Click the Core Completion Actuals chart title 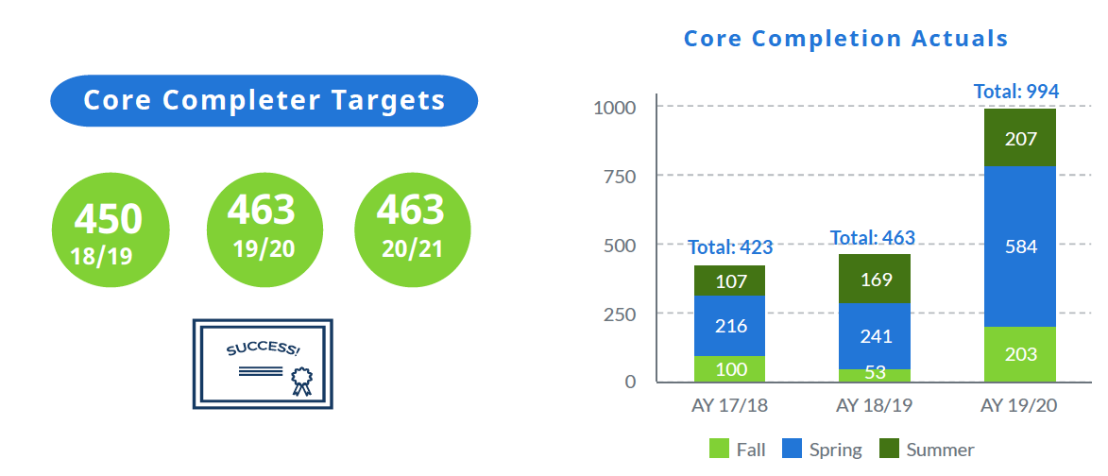coord(845,39)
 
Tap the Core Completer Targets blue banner coord(264,100)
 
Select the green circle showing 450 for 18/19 coord(110,229)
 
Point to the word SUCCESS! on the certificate coord(264,350)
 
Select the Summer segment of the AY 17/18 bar coord(729,280)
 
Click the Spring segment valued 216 coord(729,326)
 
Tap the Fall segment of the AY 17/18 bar coord(729,368)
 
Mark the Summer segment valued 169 coord(875,279)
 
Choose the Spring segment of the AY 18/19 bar coord(875,335)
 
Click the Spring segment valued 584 coord(1020,246)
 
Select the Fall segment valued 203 coord(1020,354)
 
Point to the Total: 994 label coord(1016,92)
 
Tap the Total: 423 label coord(730,247)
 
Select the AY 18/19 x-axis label coord(875,407)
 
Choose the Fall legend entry coord(738,450)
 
